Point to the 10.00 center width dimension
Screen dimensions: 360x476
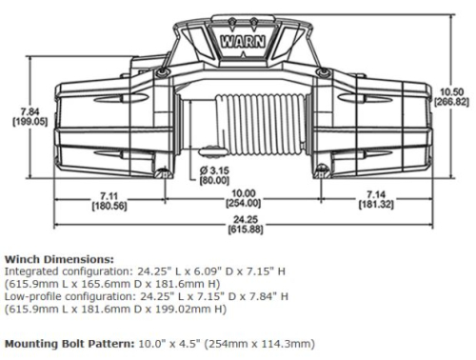coord(242,195)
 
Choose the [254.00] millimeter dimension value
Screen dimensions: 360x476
coord(242,207)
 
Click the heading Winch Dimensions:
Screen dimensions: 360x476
coord(58,258)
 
